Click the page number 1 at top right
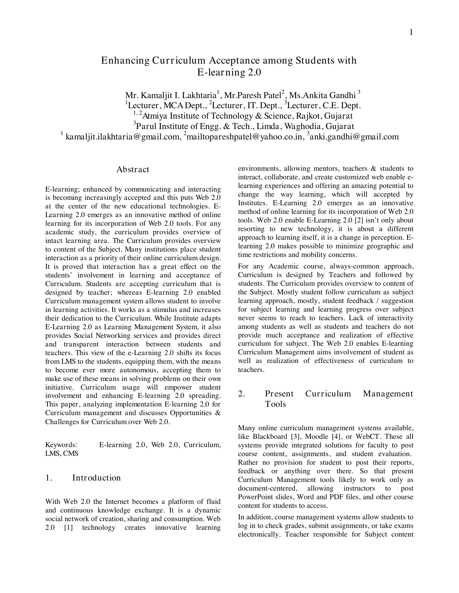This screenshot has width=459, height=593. pyautogui.click(x=411, y=33)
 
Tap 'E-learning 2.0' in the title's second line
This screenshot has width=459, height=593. pyautogui.click(x=229, y=72)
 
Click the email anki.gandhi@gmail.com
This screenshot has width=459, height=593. pyautogui.click(x=354, y=137)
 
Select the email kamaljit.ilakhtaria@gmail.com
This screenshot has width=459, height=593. pyautogui.click(x=122, y=137)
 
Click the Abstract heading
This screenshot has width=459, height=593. pyautogui.click(x=132, y=170)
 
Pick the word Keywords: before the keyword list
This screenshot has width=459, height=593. pyautogui.click(x=61, y=445)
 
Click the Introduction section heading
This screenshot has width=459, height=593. pyautogui.click(x=96, y=478)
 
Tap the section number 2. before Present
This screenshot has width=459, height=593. pyautogui.click(x=242, y=394)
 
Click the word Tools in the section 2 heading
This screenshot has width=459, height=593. pyautogui.click(x=275, y=404)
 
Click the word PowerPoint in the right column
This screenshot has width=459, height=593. pyautogui.click(x=256, y=497)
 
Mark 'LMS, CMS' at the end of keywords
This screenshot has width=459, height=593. pyautogui.click(x=62, y=454)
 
